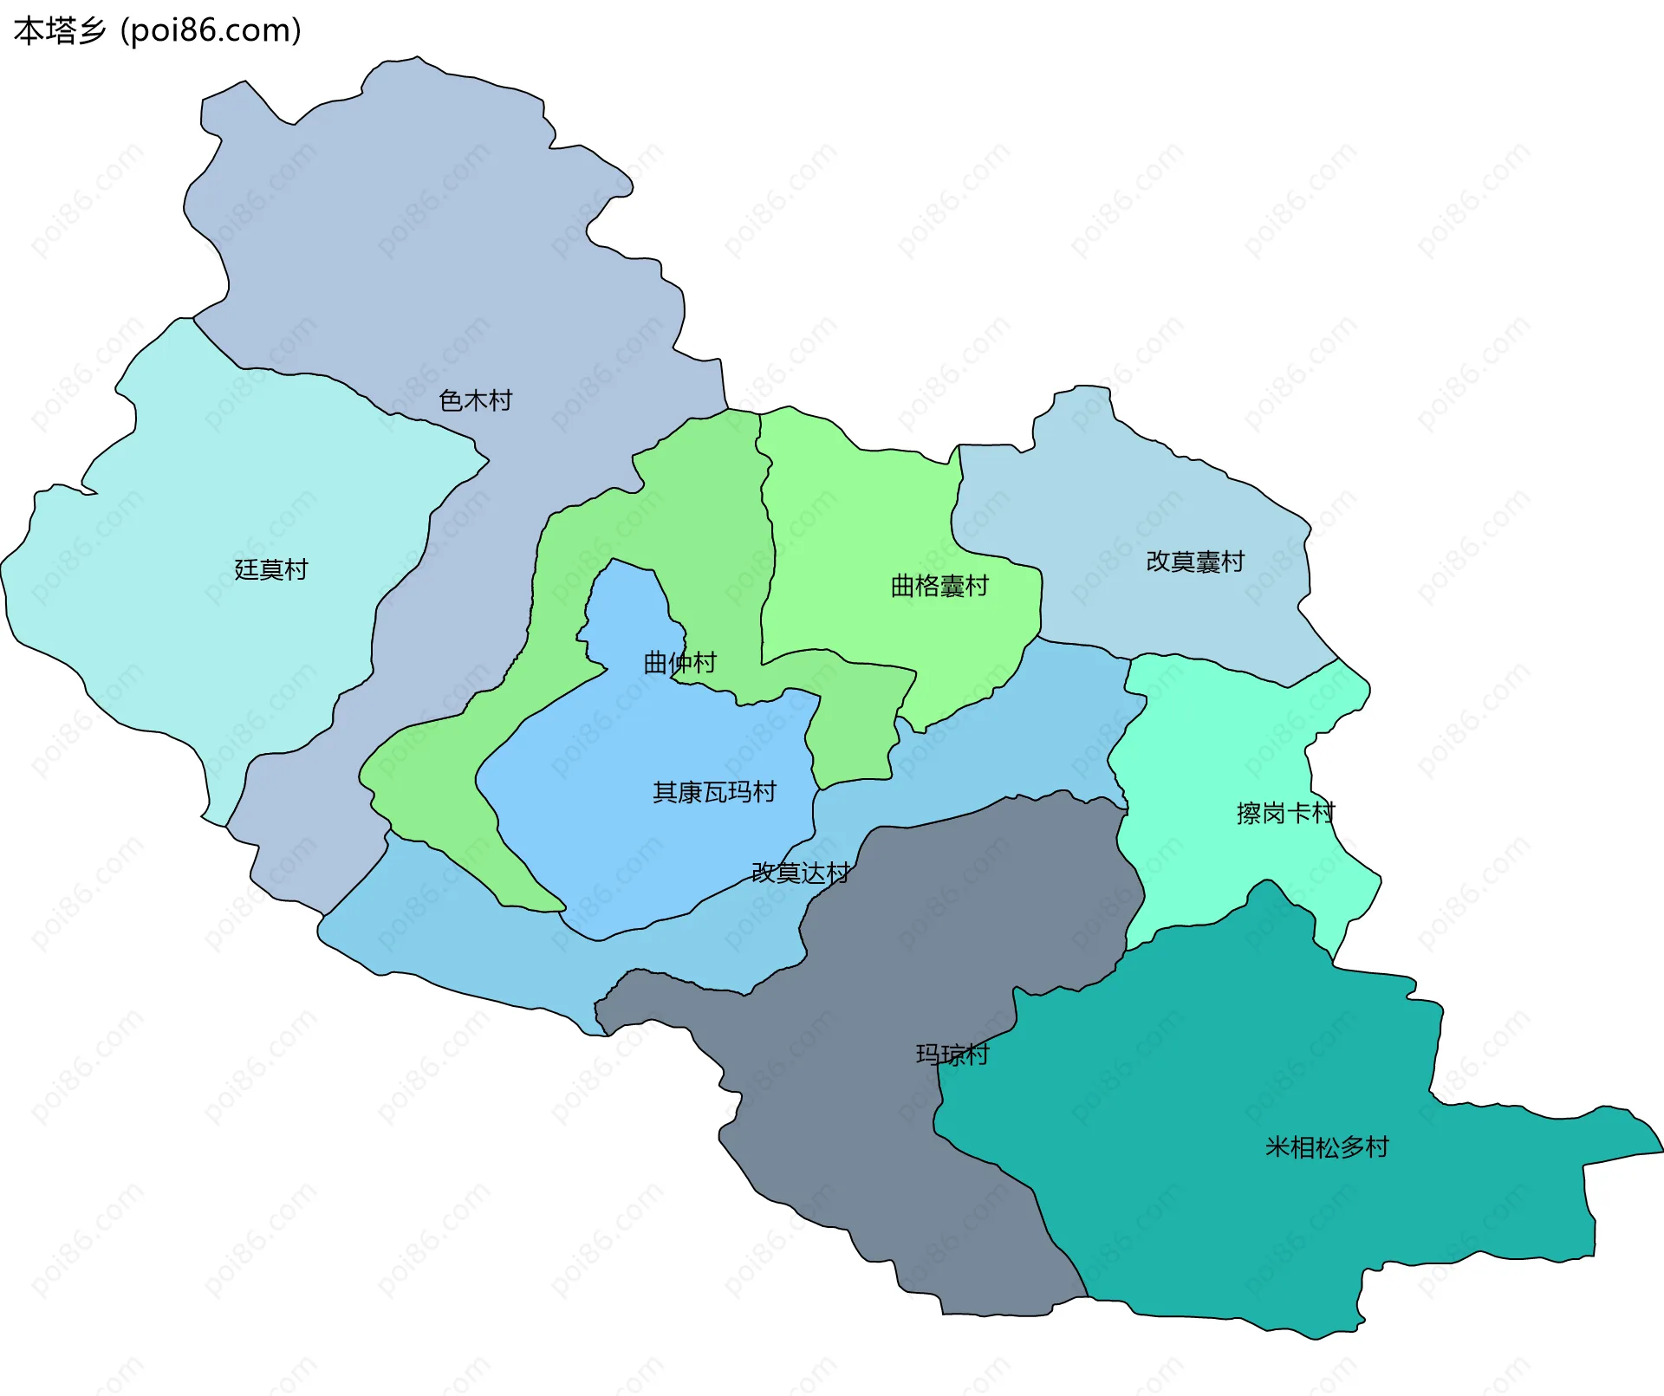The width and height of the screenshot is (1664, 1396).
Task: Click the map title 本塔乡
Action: click(60, 30)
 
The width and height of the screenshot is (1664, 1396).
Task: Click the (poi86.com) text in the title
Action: click(211, 31)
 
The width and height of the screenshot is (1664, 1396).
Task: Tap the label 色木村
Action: click(475, 400)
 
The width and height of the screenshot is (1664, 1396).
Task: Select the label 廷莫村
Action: click(271, 569)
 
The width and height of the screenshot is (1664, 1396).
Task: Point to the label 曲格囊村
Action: click(939, 586)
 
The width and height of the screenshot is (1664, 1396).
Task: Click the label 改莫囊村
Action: click(1195, 562)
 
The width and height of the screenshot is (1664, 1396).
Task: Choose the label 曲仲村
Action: click(679, 663)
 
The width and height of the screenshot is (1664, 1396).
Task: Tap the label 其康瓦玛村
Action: click(714, 792)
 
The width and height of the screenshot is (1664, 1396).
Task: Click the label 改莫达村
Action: click(800, 873)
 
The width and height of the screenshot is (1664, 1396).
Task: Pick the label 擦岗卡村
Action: click(1285, 813)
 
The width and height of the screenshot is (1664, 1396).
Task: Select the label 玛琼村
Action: click(952, 1055)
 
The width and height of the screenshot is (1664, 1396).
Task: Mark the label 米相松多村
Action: click(1327, 1147)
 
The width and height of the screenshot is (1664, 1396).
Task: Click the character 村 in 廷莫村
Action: click(296, 569)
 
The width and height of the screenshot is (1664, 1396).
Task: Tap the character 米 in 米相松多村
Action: click(1277, 1147)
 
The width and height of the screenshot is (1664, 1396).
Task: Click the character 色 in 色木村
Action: click(451, 400)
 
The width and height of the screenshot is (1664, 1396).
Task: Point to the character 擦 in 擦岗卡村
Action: click(1249, 813)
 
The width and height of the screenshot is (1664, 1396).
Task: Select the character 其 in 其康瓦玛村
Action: click(665, 792)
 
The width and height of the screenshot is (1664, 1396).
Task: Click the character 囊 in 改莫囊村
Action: click(1207, 562)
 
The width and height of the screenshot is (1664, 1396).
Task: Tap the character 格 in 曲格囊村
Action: click(927, 586)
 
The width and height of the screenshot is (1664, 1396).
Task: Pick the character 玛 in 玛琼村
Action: click(927, 1055)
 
